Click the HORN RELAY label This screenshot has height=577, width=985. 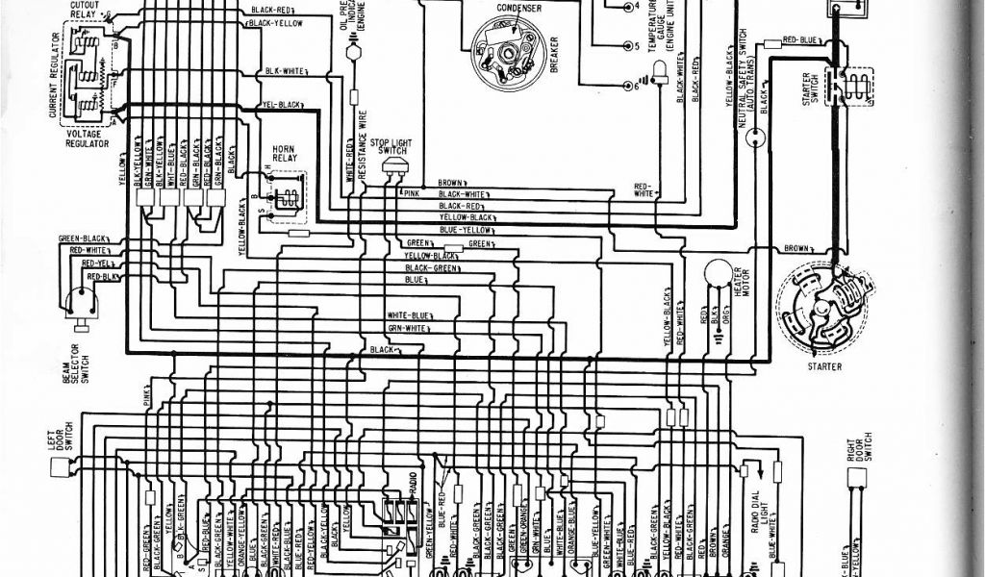click(x=283, y=155)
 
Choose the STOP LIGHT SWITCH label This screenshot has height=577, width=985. click(x=392, y=145)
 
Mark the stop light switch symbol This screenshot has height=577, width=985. click(x=393, y=169)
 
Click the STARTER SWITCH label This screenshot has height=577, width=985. click(x=814, y=96)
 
